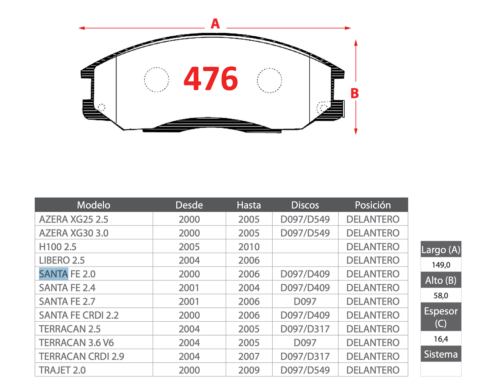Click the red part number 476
(x=211, y=79)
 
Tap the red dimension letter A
(x=215, y=24)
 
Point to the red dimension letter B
(x=355, y=93)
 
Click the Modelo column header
(x=94, y=205)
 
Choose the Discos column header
(x=305, y=205)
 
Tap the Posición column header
(x=373, y=205)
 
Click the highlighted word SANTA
(x=53, y=274)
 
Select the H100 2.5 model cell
(x=58, y=247)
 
